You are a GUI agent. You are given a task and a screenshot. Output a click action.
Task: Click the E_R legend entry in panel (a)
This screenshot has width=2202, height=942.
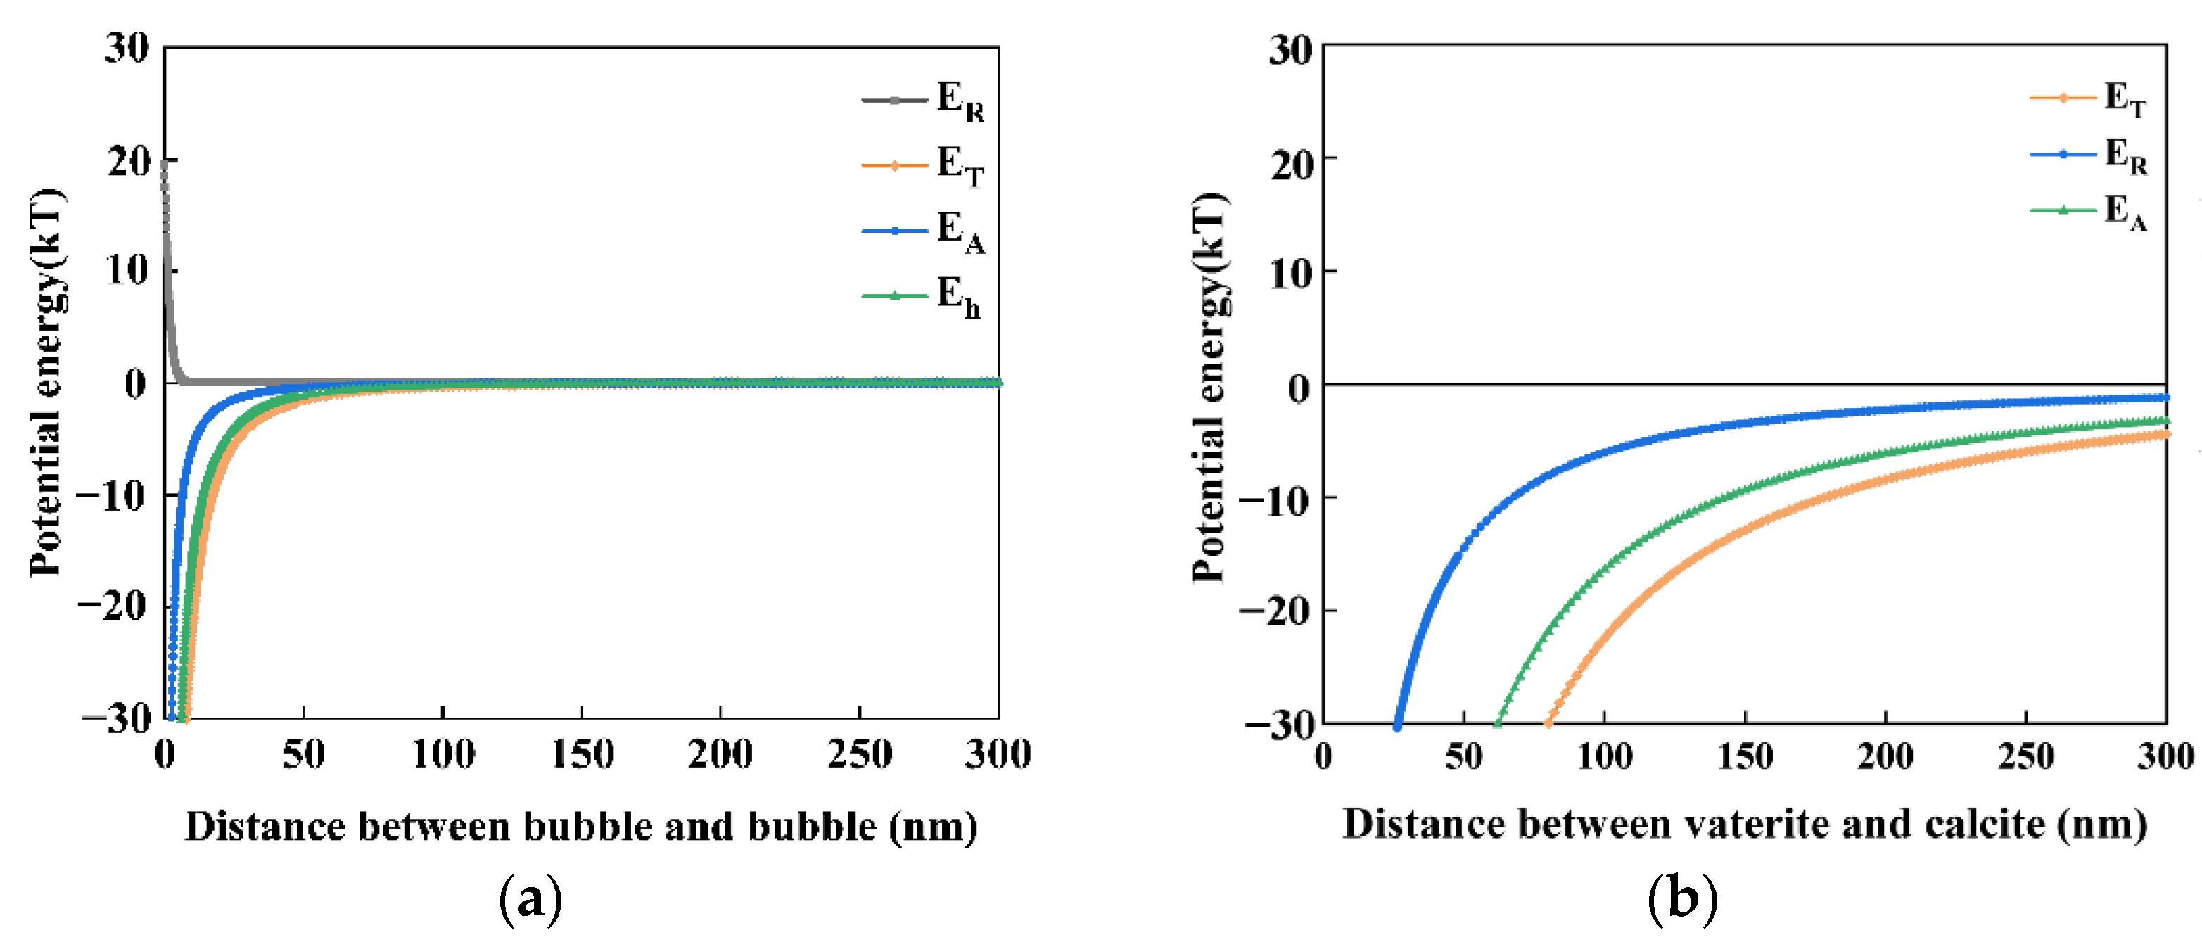click(x=924, y=100)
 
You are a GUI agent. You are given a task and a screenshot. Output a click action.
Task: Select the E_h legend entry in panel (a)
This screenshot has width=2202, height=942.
click(x=922, y=295)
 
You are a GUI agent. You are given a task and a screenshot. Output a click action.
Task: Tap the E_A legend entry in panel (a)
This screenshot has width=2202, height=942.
click(x=924, y=231)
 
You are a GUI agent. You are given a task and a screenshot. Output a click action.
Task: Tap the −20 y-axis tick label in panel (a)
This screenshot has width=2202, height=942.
click(x=112, y=606)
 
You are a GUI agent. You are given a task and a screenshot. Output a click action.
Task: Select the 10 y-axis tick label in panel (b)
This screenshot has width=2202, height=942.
click(x=1290, y=274)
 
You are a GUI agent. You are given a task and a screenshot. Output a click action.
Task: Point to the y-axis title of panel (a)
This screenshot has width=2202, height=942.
click(x=47, y=382)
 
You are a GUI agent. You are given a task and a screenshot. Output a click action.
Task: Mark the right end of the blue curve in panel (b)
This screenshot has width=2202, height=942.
click(x=2165, y=397)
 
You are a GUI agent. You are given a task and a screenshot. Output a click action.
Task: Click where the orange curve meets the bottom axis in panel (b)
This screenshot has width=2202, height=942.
click(x=1547, y=723)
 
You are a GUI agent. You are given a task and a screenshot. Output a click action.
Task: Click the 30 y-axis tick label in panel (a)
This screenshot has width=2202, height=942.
click(x=127, y=47)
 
